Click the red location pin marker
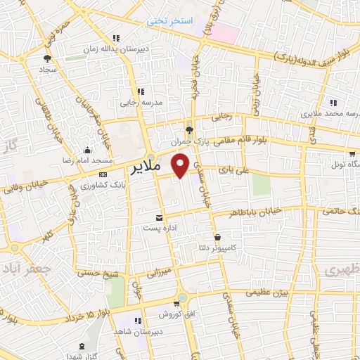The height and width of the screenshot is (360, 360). (181, 165)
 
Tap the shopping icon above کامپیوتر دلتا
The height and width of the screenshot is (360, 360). (217, 237)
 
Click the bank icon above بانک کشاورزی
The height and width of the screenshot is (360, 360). (104, 174)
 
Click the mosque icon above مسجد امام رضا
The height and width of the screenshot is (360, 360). (87, 150)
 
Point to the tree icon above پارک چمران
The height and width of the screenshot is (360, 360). (188, 129)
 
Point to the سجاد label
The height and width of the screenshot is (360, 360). (48, 70)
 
